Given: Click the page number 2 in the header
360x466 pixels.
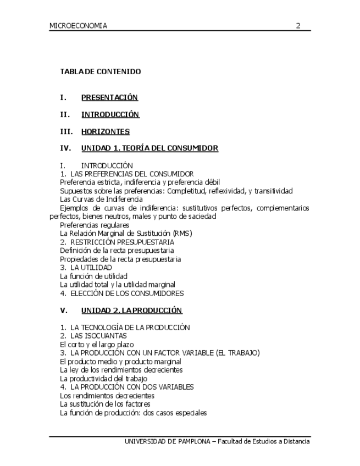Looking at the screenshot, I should pyautogui.click(x=298, y=25).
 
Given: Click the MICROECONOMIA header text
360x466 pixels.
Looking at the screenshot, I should pyautogui.click(x=78, y=26).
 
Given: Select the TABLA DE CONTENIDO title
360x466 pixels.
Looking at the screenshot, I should pyautogui.click(x=101, y=72).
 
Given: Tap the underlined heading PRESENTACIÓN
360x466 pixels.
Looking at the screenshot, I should pyautogui.click(x=109, y=98).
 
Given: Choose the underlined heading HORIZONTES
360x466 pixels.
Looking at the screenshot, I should pyautogui.click(x=106, y=132).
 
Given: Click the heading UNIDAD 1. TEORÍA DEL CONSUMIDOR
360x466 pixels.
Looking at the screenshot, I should pyautogui.click(x=149, y=148).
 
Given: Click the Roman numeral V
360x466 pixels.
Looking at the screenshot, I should pyautogui.click(x=64, y=310).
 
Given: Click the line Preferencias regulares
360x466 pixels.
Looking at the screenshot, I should pyautogui.click(x=95, y=225).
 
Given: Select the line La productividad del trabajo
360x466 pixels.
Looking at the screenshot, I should pyautogui.click(x=103, y=379).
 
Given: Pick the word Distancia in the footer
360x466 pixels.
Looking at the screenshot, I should pyautogui.click(x=295, y=441).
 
